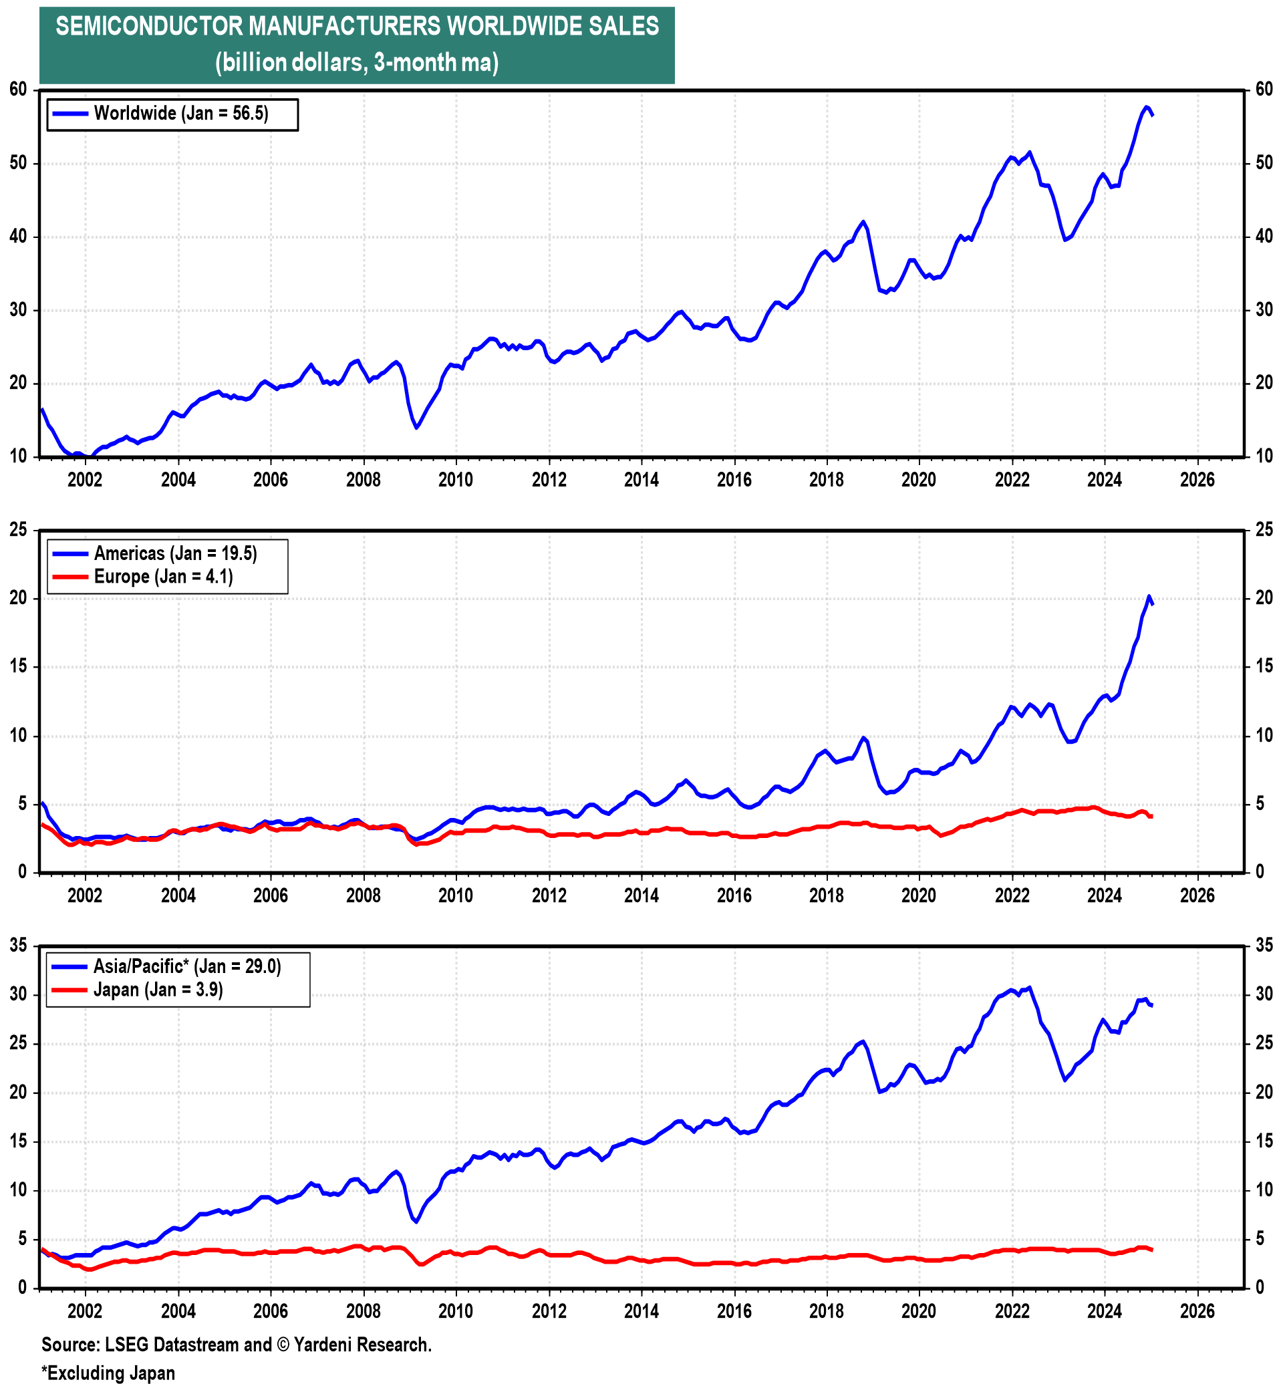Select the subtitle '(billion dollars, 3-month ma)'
pyautogui.click(x=357, y=63)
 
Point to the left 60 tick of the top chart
pyautogui.click(x=18, y=90)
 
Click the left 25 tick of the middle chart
pyautogui.click(x=18, y=530)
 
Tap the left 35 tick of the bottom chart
pyautogui.click(x=18, y=945)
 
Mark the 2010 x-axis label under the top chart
pyautogui.click(x=456, y=480)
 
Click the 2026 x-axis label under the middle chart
pyautogui.click(x=1197, y=895)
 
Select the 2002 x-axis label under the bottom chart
pyautogui.click(x=85, y=1311)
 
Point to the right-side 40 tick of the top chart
pyautogui.click(x=1264, y=237)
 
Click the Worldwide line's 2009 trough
pyautogui.click(x=416, y=427)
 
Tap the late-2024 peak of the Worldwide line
pyautogui.click(x=1145, y=107)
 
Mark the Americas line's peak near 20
pyautogui.click(x=1149, y=596)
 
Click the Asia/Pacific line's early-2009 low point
pyautogui.click(x=416, y=1222)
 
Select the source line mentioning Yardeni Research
pyautogui.click(x=237, y=1345)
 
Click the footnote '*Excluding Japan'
pyautogui.click(x=108, y=1373)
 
